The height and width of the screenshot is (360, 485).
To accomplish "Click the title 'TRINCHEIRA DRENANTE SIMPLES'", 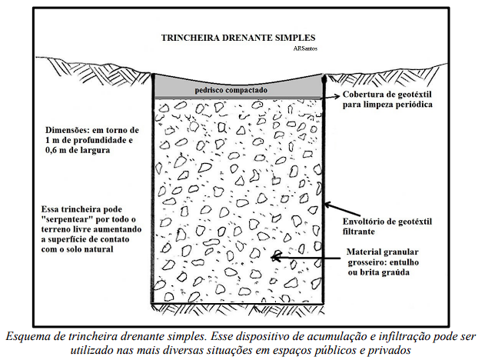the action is (x=238, y=38).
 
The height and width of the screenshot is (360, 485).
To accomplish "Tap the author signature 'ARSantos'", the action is (x=306, y=48).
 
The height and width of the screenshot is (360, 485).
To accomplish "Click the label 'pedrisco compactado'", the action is (x=231, y=90).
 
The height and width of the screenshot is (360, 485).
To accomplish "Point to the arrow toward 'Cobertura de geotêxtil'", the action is (x=331, y=97).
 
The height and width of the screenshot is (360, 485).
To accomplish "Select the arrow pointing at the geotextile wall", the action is (x=342, y=210).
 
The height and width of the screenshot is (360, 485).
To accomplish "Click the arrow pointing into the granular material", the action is (x=305, y=257).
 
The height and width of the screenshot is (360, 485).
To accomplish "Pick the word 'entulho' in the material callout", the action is (x=404, y=262).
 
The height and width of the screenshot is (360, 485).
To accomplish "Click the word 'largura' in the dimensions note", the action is (x=97, y=151).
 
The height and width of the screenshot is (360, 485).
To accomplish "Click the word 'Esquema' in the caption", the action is (x=24, y=336).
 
